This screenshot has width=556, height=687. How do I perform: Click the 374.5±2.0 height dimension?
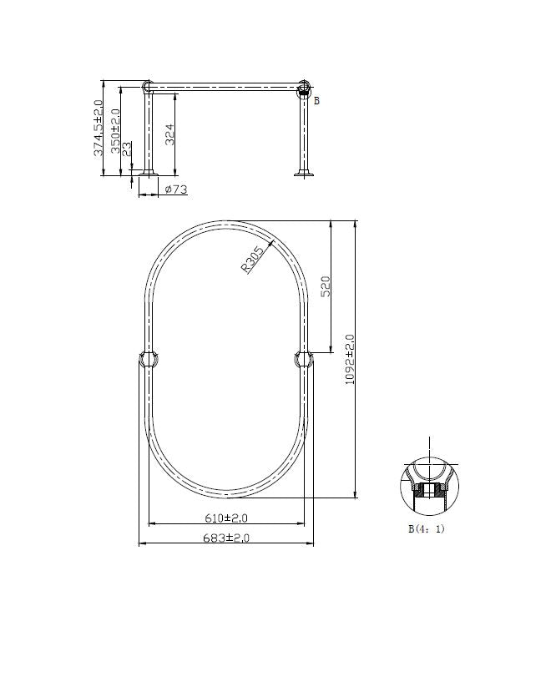tap(99, 128)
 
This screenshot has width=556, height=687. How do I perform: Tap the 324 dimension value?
tap(169, 134)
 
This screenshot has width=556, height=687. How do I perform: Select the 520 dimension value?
tap(326, 286)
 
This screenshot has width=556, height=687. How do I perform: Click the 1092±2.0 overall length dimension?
tap(350, 359)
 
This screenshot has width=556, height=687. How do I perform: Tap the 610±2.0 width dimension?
tap(225, 518)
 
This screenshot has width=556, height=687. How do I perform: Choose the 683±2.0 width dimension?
tap(225, 538)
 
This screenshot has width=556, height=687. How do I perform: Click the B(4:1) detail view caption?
tap(426, 528)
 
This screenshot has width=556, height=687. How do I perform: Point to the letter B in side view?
tap(316, 101)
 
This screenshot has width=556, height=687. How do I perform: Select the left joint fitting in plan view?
tap(149, 360)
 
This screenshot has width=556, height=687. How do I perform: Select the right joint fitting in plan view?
tap(304, 360)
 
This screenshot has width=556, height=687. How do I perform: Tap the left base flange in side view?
tap(148, 174)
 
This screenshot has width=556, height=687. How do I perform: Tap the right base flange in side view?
tap(303, 174)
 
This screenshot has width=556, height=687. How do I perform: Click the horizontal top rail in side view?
tap(225, 85)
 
